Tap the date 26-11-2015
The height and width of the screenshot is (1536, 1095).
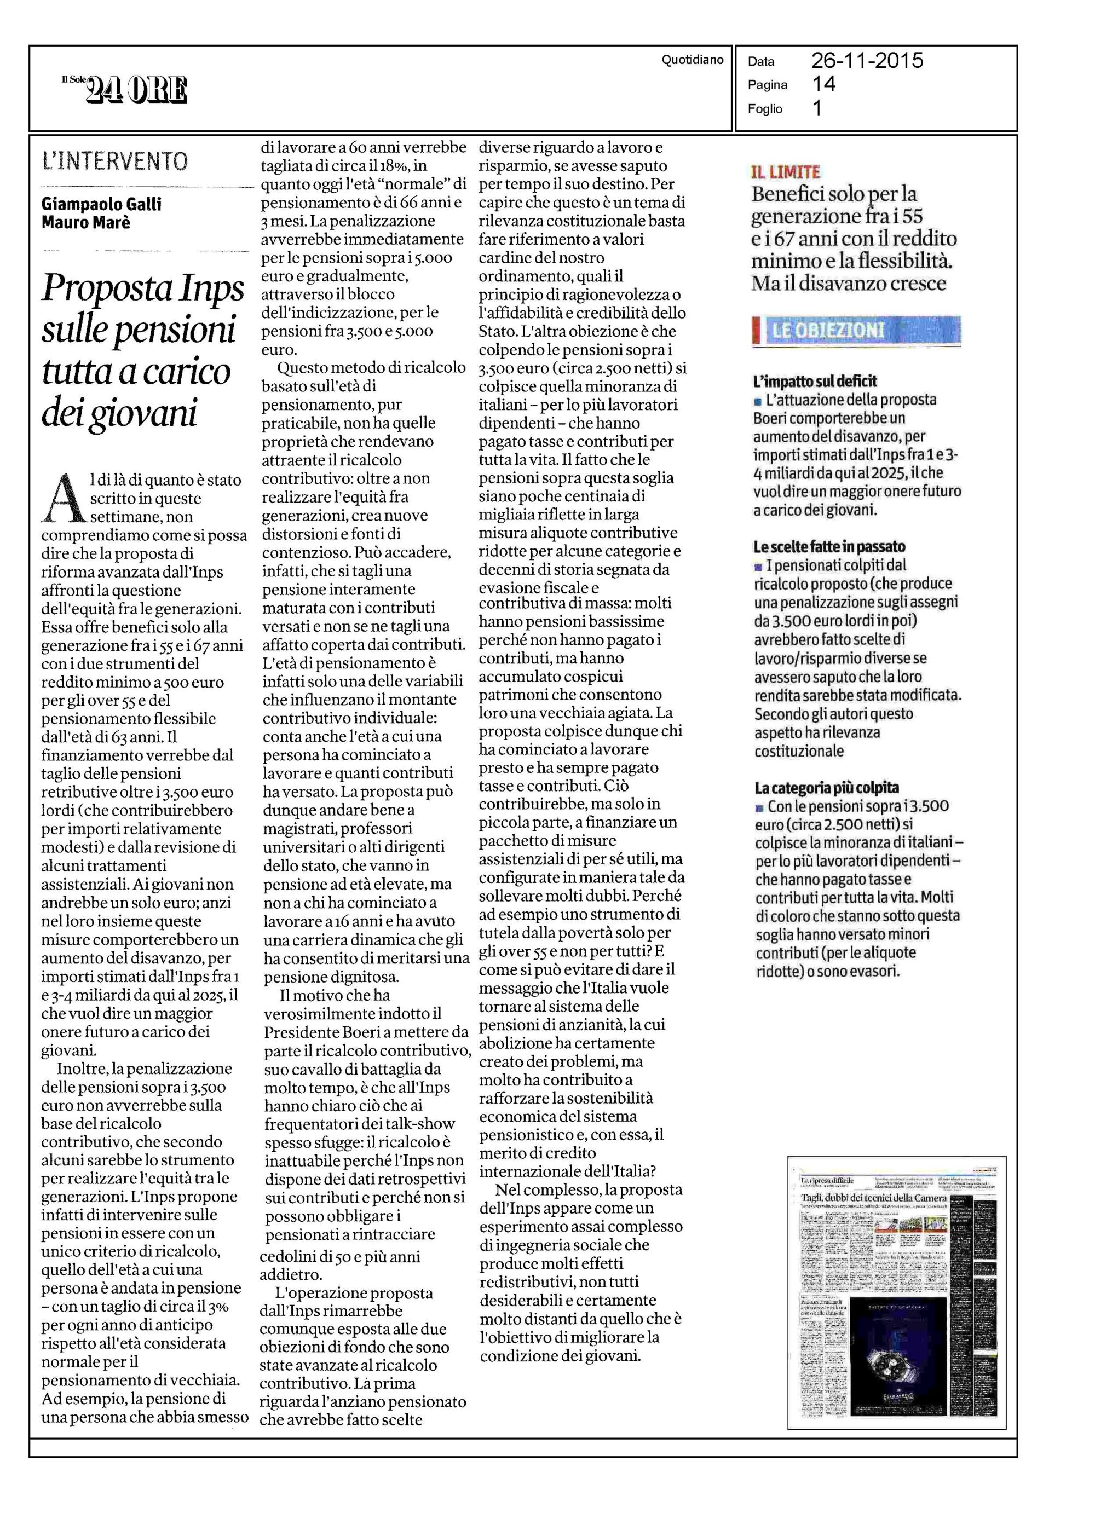click(867, 61)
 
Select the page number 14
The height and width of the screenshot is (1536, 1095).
click(824, 84)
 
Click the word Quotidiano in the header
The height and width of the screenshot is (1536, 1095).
click(692, 60)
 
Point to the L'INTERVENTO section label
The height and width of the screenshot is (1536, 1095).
click(114, 161)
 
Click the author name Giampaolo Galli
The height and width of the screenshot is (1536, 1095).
click(102, 204)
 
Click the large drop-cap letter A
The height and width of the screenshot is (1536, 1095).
click(64, 499)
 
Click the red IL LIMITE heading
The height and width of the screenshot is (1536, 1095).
click(786, 172)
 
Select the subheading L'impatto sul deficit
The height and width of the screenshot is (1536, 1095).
click(815, 382)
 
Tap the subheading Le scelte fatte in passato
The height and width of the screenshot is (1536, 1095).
click(829, 547)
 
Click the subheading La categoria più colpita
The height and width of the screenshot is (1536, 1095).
click(826, 787)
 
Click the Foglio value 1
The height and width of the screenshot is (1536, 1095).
click(817, 108)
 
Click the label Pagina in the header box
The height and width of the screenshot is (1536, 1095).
click(767, 85)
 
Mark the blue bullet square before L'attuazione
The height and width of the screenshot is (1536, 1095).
click(758, 402)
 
